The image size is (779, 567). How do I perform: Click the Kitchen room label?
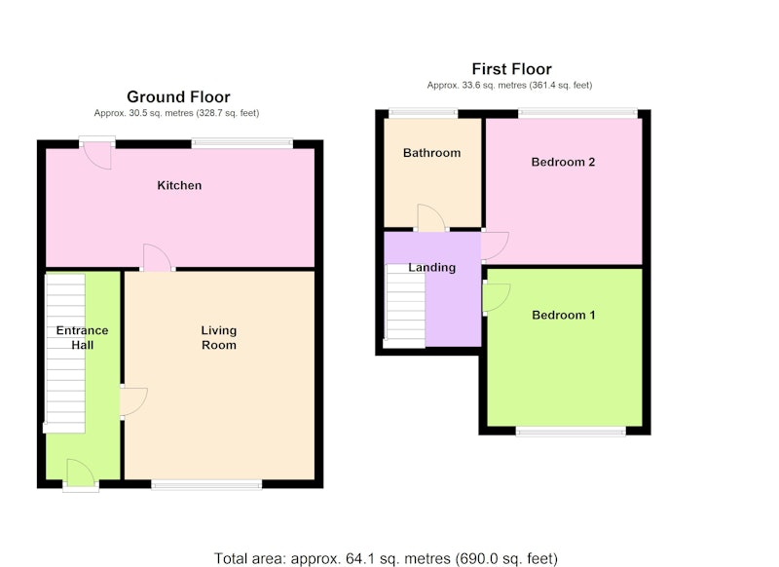click(179, 185)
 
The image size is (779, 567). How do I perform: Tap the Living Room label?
click(218, 337)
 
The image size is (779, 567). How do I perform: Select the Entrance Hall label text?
click(82, 337)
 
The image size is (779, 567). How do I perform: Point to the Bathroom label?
click(431, 153)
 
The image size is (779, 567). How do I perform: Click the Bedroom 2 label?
click(563, 162)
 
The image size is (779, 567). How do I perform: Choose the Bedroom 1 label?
click(564, 315)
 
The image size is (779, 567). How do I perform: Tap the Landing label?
click(431, 267)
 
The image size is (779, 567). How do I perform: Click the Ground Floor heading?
click(178, 96)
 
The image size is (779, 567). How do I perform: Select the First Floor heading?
click(512, 68)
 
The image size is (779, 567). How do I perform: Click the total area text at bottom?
click(386, 558)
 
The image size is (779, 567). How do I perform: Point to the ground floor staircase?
click(65, 354)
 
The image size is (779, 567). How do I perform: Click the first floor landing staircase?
click(405, 306)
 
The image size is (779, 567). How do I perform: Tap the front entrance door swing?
click(81, 472)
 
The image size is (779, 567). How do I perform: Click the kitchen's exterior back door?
click(97, 156)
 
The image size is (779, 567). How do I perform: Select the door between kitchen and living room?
click(158, 257)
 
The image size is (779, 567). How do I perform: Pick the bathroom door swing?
click(431, 217)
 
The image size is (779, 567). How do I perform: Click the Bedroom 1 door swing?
click(497, 298)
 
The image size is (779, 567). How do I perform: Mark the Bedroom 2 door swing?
click(495, 246)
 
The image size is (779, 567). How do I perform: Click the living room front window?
click(206, 484)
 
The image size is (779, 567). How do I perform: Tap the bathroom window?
click(423, 113)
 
